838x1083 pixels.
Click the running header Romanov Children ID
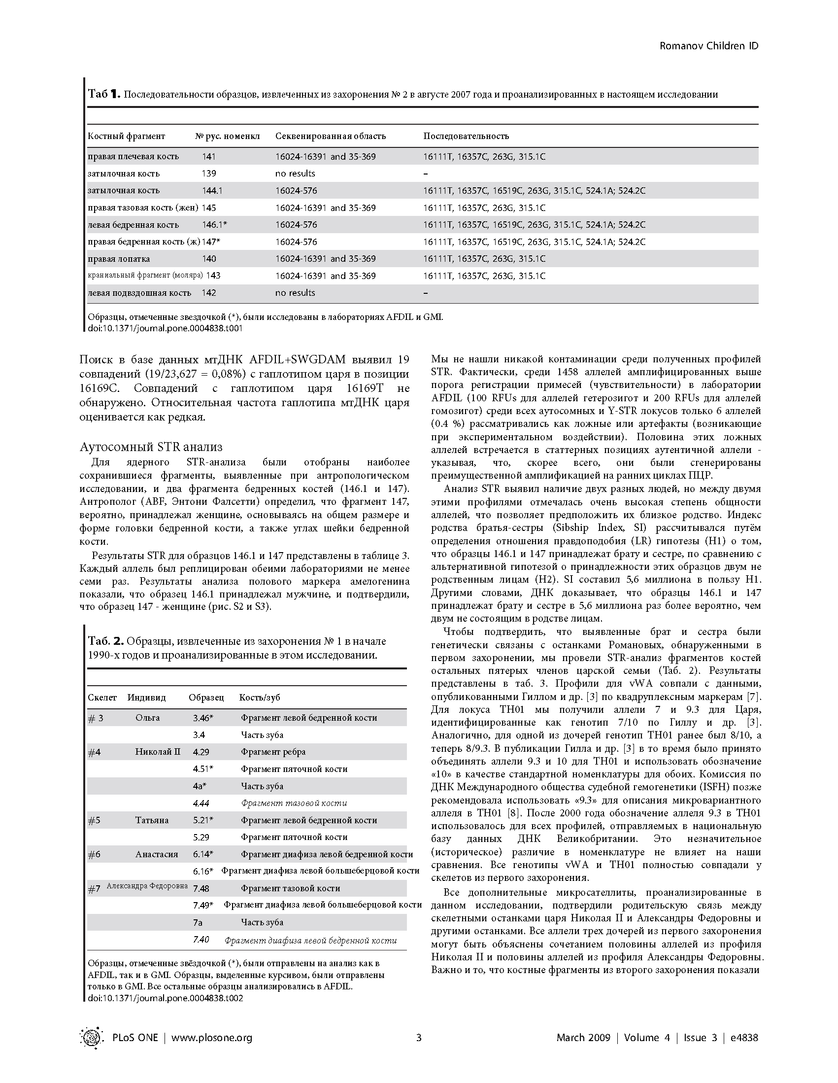(708, 46)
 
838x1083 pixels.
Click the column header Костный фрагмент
(127, 136)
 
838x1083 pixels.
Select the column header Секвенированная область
(330, 136)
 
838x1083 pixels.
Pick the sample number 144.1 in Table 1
(213, 191)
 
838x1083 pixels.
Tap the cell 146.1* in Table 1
(214, 225)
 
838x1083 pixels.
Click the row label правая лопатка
(119, 259)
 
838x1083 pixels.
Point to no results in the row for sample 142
(295, 293)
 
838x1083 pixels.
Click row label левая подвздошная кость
(139, 293)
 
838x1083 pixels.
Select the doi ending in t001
(166, 328)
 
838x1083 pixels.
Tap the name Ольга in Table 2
(147, 718)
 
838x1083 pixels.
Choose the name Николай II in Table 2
(158, 752)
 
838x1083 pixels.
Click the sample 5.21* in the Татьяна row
(203, 820)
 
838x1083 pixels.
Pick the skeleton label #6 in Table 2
(94, 854)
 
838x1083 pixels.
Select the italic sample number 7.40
(201, 940)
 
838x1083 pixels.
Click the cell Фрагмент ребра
(273, 752)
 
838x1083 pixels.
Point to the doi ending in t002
(166, 998)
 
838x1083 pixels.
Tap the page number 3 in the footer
(419, 1037)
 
